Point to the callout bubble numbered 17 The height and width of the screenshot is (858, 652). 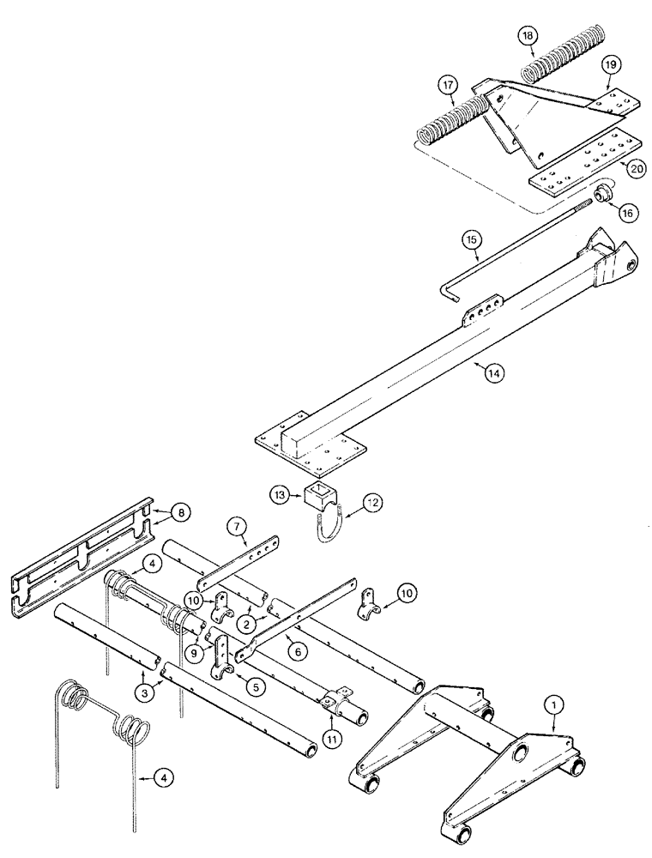click(447, 85)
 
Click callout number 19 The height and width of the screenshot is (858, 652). click(610, 63)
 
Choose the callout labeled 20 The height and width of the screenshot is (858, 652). click(636, 170)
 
